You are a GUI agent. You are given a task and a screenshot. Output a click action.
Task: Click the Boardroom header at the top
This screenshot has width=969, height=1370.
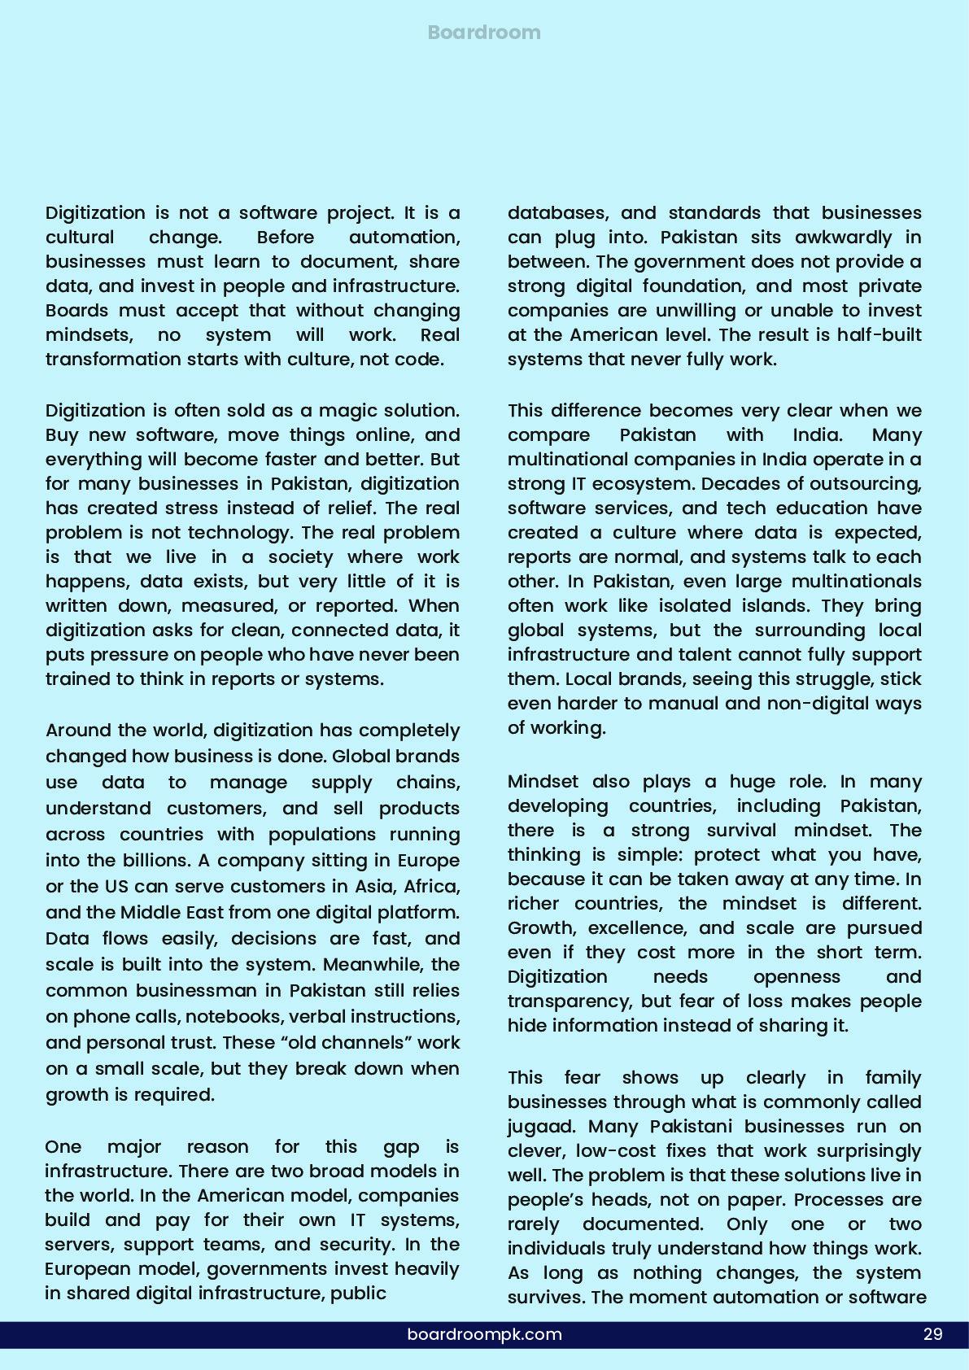[484, 33]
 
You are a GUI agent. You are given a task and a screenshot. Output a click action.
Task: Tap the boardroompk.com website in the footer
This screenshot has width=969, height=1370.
[484, 1334]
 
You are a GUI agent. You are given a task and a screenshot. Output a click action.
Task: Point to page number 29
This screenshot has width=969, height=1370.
[932, 1334]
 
